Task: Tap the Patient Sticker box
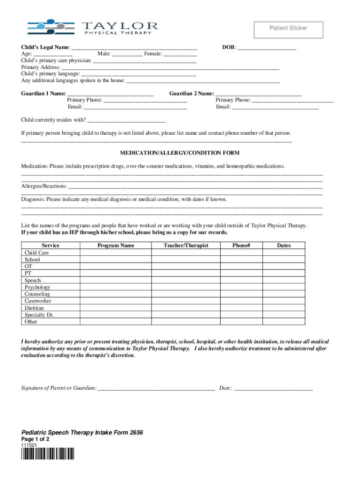click(x=288, y=29)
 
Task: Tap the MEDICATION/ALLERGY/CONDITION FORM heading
click(x=180, y=153)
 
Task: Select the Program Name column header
click(x=115, y=246)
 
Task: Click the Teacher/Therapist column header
click(x=186, y=246)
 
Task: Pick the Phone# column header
click(x=241, y=246)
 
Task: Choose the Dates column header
click(x=283, y=246)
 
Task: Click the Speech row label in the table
click(x=33, y=281)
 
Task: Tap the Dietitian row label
click(x=34, y=308)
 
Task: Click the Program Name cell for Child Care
click(x=115, y=253)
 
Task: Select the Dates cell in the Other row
click(x=283, y=322)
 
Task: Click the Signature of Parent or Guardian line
click(x=157, y=388)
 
